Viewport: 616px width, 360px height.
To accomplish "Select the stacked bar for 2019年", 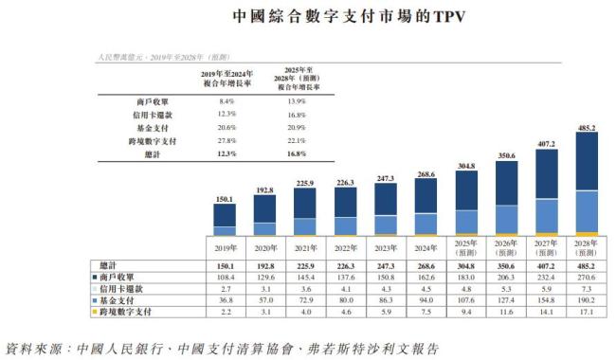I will (225, 218).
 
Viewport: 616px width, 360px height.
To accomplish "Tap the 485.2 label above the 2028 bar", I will (587, 125).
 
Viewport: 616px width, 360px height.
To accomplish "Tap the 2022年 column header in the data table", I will (345, 248).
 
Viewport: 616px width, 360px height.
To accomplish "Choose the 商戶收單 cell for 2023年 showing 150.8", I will (387, 277).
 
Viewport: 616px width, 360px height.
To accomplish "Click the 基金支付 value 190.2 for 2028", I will (587, 299).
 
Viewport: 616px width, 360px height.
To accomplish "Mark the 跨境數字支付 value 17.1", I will (587, 311).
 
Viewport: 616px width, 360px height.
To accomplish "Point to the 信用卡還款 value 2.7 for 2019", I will (225, 288).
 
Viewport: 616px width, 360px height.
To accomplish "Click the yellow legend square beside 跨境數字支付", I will (96, 311).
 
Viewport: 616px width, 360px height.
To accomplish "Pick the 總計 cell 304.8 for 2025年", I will (467, 265).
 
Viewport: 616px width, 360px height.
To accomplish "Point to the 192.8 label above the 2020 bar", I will (264, 190).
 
